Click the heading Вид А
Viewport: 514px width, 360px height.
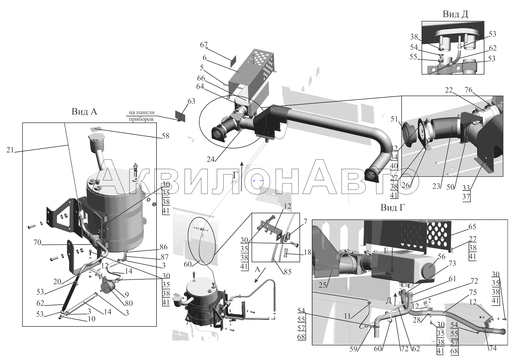(x=84, y=112)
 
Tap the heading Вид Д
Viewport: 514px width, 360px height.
(x=455, y=14)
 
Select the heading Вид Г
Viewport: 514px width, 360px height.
(x=392, y=208)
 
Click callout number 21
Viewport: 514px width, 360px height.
(x=10, y=150)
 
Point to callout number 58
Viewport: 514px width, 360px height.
(x=166, y=136)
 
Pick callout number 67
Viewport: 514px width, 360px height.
(x=204, y=45)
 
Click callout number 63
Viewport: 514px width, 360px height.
(x=191, y=101)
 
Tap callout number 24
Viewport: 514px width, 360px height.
(x=210, y=159)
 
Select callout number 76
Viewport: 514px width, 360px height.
(x=468, y=90)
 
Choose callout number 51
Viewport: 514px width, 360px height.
(x=394, y=119)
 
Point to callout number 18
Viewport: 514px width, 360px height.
(x=307, y=252)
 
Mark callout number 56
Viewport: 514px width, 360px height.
(x=441, y=256)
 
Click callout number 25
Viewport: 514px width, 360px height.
(x=322, y=285)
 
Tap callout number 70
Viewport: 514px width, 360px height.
(x=37, y=242)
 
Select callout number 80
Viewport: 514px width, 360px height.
(x=129, y=303)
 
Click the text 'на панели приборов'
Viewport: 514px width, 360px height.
(x=141, y=116)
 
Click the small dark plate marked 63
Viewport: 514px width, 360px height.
(x=180, y=116)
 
